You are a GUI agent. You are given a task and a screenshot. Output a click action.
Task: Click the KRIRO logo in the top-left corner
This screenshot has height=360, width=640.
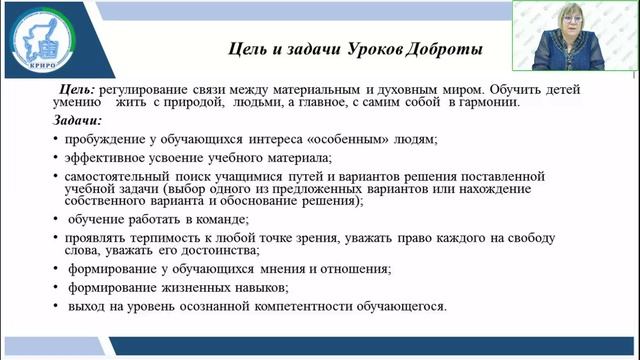tap(38, 43)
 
